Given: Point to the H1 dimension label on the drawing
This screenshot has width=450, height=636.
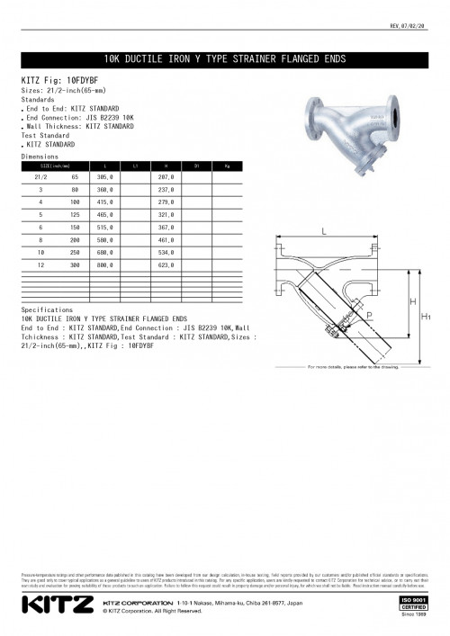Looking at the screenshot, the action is coord(427,317).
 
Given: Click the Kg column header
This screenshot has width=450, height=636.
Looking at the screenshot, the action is coord(228,166).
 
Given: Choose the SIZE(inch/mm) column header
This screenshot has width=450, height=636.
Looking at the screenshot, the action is coord(55,166).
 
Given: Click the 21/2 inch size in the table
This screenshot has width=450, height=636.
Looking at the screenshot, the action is coord(40,178).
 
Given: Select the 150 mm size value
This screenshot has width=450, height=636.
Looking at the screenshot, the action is coord(75,228).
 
